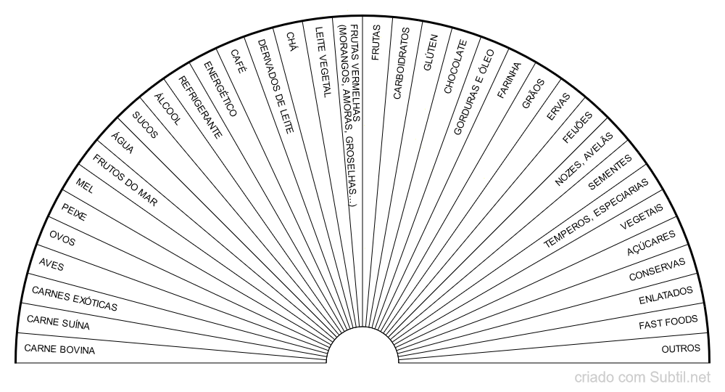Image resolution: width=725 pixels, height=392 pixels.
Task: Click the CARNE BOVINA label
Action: pos(59,349)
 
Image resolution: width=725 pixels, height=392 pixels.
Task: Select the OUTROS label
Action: pos(681,348)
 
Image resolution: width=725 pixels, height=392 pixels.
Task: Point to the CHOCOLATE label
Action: pos(455,67)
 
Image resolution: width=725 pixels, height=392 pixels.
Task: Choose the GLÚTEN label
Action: pos(431,52)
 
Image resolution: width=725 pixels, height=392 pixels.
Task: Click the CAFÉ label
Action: pos(238,61)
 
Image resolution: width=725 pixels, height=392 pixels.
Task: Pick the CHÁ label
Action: pos(291,41)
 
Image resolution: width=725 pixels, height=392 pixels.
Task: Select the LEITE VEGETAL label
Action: pos(323,62)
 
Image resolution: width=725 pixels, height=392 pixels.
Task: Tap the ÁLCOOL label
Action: pos(167,109)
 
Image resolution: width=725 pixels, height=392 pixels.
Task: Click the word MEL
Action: pos(85,186)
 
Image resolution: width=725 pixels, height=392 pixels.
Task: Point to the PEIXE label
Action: pos(74,212)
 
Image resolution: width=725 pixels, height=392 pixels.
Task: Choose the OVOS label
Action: pos(62,238)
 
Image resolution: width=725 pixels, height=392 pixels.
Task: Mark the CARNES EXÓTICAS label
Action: pos(75,298)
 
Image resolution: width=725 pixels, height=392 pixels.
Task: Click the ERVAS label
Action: pos(558,107)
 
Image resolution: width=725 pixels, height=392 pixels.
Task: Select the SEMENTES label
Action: pos(610,172)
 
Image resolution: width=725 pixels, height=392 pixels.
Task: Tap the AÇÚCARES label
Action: pos(651,243)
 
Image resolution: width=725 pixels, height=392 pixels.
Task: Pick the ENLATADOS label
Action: pos(666,295)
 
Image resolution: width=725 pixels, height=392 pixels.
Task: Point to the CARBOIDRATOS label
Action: pos(401,63)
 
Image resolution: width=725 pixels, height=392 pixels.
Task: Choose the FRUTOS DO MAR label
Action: pos(125,180)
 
